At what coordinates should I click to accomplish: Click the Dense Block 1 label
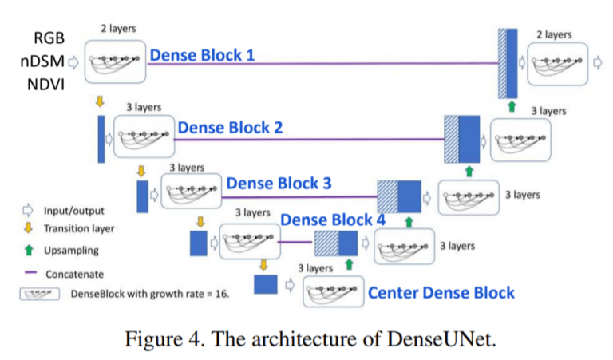coord(202,55)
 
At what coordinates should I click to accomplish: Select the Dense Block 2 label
coord(230,128)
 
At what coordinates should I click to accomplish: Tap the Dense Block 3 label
coord(279,183)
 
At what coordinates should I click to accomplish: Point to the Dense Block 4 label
coord(333,220)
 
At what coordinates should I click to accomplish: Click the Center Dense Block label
coord(441,293)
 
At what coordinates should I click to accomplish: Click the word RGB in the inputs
coord(49,38)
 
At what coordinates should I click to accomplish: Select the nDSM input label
coord(42,61)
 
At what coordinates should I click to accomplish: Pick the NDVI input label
coord(45,85)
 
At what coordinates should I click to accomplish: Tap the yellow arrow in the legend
coord(28,227)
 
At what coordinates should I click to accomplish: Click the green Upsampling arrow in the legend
coord(29,250)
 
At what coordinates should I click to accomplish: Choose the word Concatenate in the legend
coord(75,275)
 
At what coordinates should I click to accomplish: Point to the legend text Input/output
coord(74,211)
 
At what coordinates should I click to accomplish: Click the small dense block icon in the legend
coord(39,294)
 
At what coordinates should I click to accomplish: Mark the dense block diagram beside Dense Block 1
coord(115,61)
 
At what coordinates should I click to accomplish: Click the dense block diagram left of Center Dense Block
coord(333,291)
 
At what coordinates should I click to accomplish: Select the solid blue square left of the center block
coord(266,284)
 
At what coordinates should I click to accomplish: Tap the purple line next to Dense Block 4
coord(295,243)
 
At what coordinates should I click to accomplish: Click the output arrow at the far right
coord(597,62)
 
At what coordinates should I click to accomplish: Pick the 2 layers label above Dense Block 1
coord(118,29)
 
